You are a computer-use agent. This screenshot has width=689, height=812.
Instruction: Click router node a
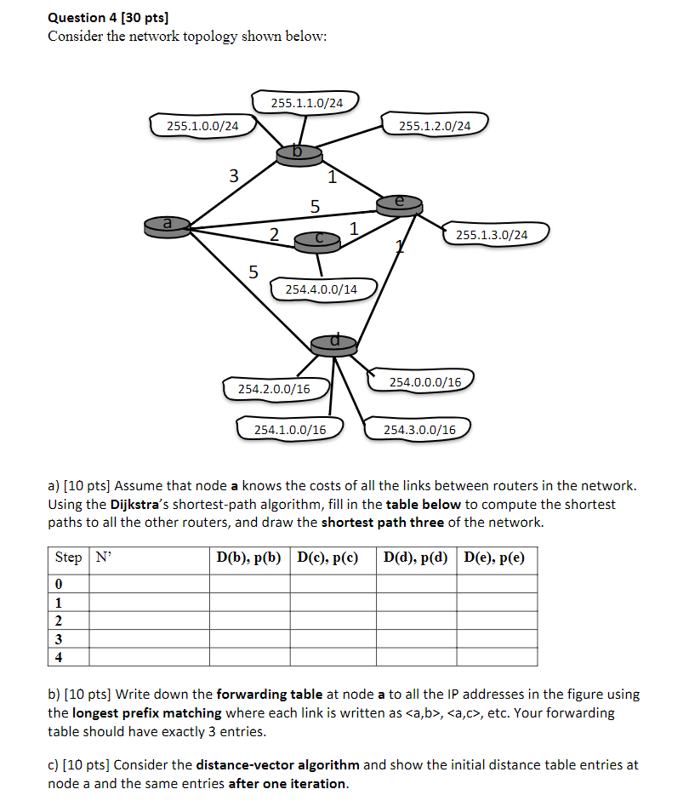point(168,225)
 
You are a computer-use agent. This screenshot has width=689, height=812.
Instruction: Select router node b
point(299,153)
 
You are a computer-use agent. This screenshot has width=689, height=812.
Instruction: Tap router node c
point(317,243)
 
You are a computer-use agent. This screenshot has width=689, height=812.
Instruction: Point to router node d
point(334,343)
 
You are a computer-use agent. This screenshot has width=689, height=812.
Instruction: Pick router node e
point(400,203)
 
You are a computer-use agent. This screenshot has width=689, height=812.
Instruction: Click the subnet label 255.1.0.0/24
point(202,126)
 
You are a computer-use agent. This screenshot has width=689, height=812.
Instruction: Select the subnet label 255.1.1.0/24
point(307,103)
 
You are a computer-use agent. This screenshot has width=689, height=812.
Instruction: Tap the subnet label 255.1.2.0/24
point(434,126)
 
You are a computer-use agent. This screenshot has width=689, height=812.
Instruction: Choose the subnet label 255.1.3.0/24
point(492,234)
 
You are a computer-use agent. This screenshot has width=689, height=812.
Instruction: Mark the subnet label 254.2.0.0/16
point(274,389)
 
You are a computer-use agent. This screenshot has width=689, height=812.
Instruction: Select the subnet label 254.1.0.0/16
point(290,429)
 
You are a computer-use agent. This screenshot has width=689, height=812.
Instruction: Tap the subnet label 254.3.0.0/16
point(419,429)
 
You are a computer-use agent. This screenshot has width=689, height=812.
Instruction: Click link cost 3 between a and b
point(234,176)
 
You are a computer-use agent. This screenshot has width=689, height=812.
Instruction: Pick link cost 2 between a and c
point(274,234)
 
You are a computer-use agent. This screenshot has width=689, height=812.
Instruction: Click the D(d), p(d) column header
point(415,558)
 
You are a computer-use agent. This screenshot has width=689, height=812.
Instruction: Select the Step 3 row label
point(59,638)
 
